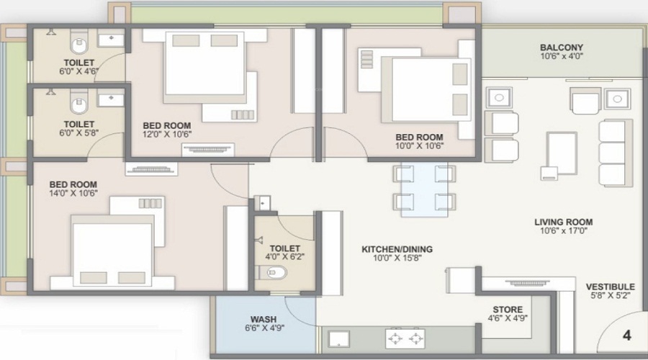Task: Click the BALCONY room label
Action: pyautogui.click(x=562, y=48)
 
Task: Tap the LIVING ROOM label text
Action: pyautogui.click(x=563, y=222)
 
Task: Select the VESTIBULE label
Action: pyautogui.click(x=610, y=286)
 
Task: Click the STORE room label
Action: pyautogui.click(x=508, y=309)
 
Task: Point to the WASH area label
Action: pyautogui.click(x=264, y=319)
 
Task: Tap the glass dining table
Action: pyautogui.click(x=425, y=189)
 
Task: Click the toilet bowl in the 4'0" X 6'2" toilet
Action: pyautogui.click(x=274, y=272)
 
